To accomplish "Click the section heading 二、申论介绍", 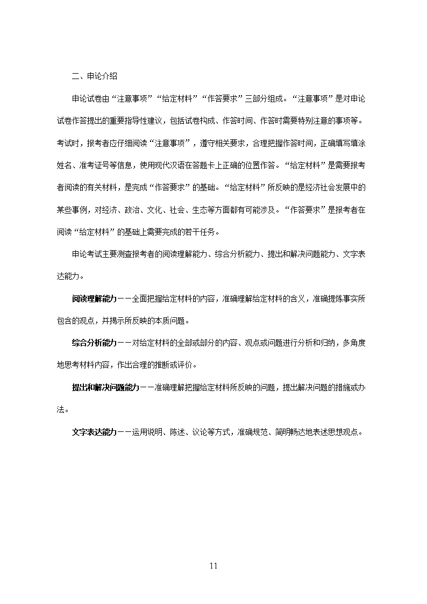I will (x=95, y=76).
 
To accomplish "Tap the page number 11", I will (x=213, y=565).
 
